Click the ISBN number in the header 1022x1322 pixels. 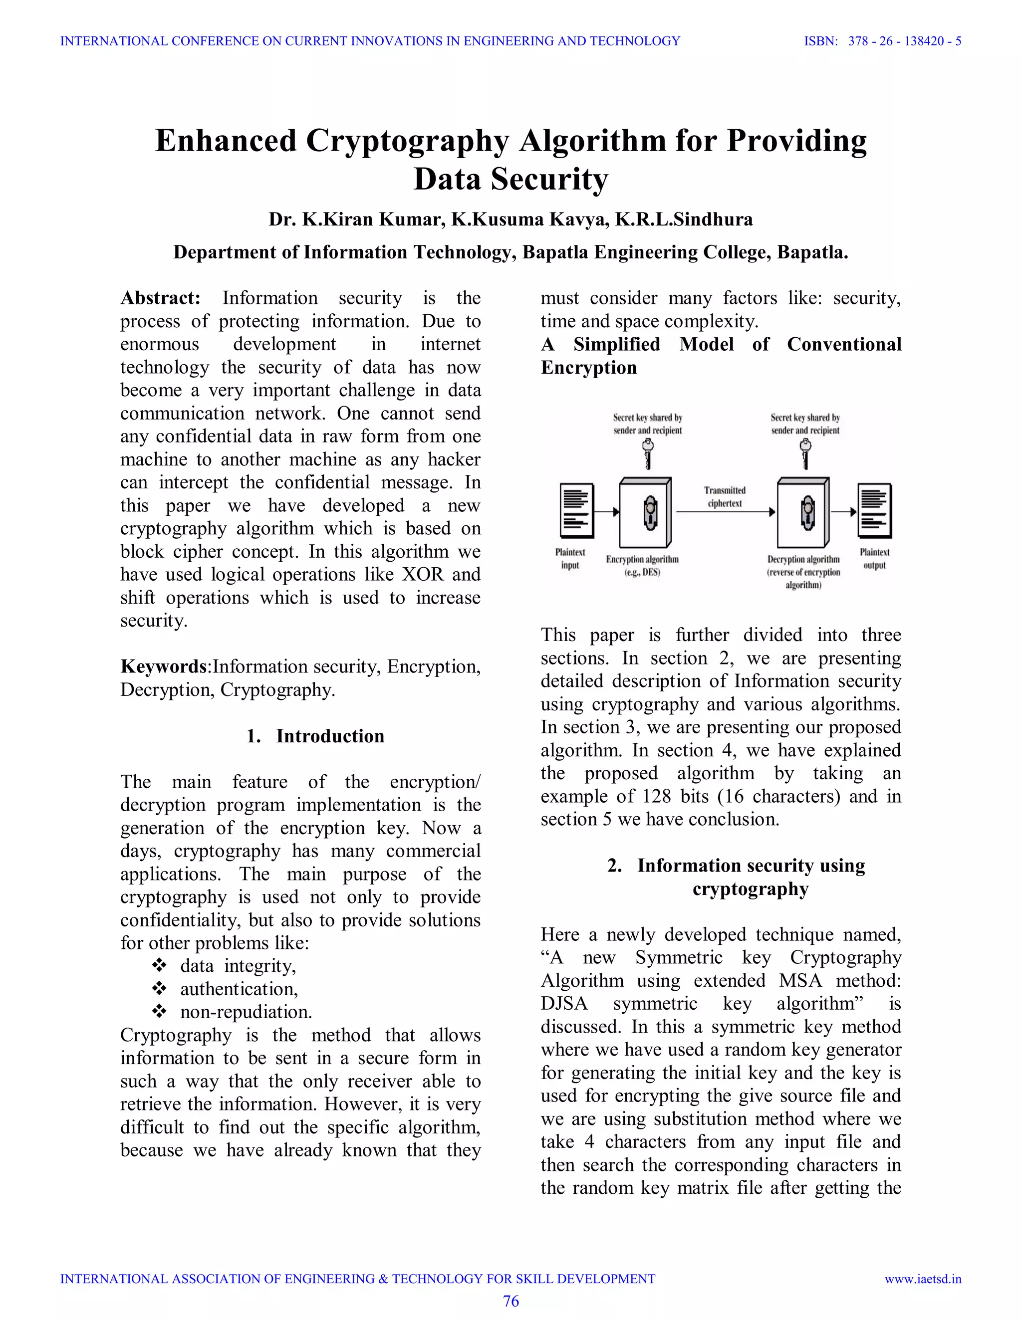(905, 41)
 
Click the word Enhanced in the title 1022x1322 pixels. (226, 141)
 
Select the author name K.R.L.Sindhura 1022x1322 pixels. (684, 219)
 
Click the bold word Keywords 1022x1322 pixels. (164, 666)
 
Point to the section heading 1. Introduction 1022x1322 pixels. (315, 736)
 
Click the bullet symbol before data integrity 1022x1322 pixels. (159, 965)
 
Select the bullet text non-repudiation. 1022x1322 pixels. (246, 1012)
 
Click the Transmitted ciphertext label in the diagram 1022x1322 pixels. (724, 496)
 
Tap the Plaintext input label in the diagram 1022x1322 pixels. (570, 558)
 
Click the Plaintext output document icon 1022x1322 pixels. (875, 510)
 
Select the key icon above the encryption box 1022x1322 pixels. (648, 453)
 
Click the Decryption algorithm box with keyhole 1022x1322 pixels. (803, 513)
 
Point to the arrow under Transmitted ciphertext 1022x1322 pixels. (725, 512)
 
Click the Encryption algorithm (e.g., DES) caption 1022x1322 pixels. (642, 565)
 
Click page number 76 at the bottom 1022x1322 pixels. (511, 1301)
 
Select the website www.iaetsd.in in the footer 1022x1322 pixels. (922, 1279)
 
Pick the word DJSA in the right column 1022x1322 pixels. (564, 1004)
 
